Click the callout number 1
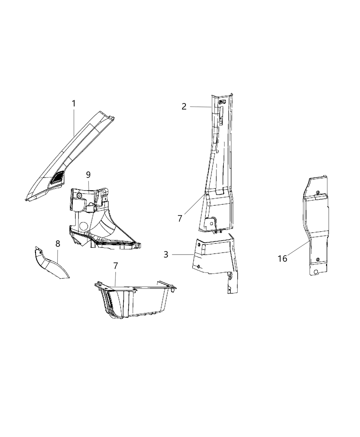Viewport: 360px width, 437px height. [74, 103]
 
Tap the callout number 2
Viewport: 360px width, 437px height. [184, 106]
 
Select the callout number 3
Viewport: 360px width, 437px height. [166, 255]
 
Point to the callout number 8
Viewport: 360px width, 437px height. [58, 244]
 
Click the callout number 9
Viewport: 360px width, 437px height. [88, 175]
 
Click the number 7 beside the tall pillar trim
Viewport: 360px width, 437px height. [180, 218]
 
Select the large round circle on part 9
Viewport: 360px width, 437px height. [83, 227]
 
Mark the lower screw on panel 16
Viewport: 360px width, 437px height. [318, 259]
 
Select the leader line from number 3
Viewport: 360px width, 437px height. [183, 255]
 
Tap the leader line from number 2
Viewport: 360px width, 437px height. [201, 107]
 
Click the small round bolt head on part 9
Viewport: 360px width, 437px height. [79, 195]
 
